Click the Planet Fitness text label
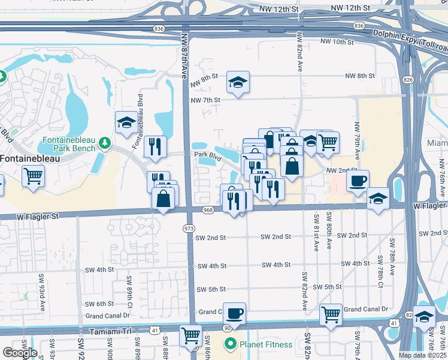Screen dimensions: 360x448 click(266, 344)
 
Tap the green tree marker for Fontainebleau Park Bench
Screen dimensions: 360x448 click(105, 142)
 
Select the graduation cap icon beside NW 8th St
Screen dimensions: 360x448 click(238, 83)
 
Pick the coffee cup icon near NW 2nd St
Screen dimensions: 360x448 click(358, 181)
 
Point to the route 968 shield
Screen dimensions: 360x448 click(208, 210)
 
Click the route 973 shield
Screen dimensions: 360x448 click(189, 228)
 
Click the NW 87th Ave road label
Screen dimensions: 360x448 click(184, 54)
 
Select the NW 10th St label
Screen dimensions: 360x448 click(338, 42)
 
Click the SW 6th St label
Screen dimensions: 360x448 click(99, 304)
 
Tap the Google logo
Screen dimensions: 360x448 click(20, 353)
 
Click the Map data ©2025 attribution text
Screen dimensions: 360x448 click(422, 355)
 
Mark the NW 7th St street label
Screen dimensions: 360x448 click(205, 100)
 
